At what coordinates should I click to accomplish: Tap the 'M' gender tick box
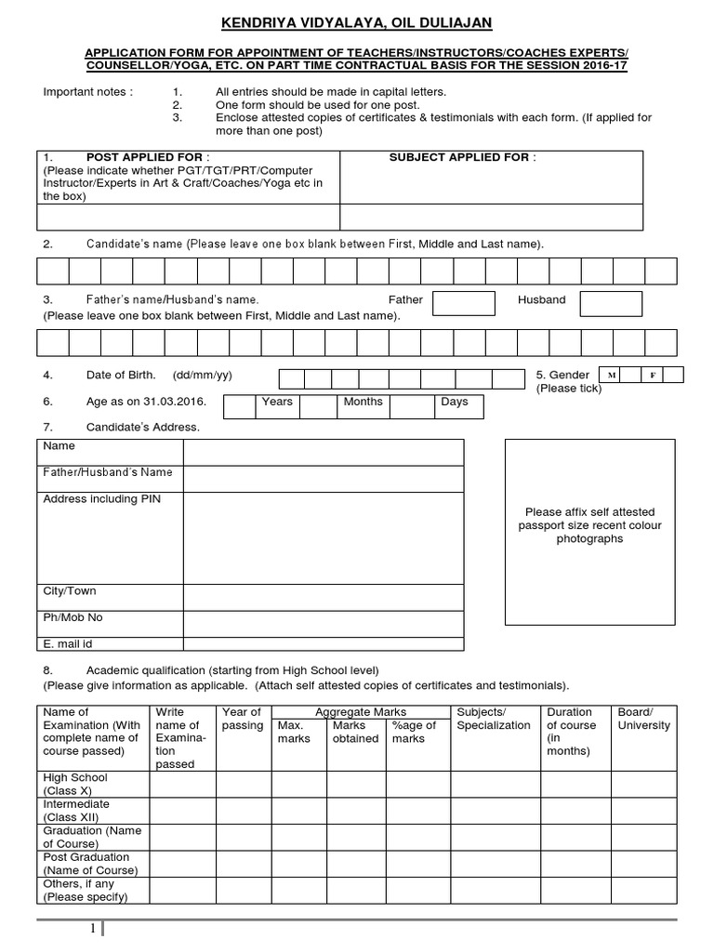pyautogui.click(x=611, y=375)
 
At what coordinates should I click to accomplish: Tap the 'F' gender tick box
pyautogui.click(x=653, y=375)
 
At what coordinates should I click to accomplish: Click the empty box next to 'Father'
pyautogui.click(x=463, y=303)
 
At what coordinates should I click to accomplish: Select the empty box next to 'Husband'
pyautogui.click(x=611, y=303)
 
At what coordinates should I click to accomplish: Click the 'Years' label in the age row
pyautogui.click(x=277, y=403)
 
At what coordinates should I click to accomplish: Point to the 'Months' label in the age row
pyautogui.click(x=363, y=403)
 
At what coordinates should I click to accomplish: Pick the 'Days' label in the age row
pyautogui.click(x=455, y=403)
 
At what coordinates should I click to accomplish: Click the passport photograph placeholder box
pyautogui.click(x=589, y=533)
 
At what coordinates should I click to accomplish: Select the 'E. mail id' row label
pyautogui.click(x=68, y=643)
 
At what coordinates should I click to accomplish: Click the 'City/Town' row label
pyautogui.click(x=70, y=591)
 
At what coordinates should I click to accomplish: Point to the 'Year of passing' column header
pyautogui.click(x=243, y=719)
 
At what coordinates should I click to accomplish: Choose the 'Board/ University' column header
pyautogui.click(x=643, y=719)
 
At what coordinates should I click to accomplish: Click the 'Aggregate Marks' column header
pyautogui.click(x=360, y=711)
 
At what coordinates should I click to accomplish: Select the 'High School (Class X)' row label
pyautogui.click(x=75, y=784)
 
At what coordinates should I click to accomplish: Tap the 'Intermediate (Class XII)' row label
pyautogui.click(x=76, y=810)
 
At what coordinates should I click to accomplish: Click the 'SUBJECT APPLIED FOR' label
pyautogui.click(x=462, y=157)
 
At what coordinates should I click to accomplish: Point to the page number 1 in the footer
pyautogui.click(x=93, y=930)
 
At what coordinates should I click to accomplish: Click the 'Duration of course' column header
pyautogui.click(x=571, y=732)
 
